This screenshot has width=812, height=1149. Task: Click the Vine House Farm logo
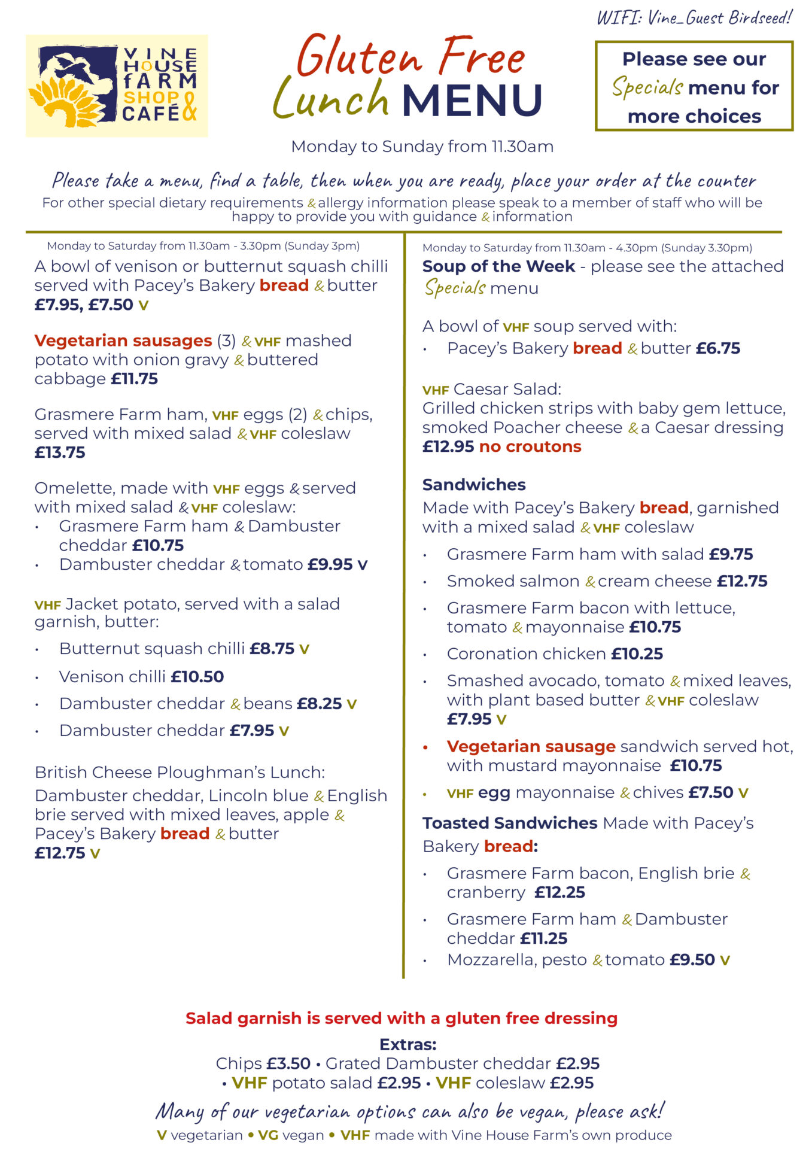pos(117,86)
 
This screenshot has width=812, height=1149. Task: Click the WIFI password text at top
pos(694,17)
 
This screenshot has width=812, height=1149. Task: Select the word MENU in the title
pos(472,101)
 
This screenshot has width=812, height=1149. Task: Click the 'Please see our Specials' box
pos(694,86)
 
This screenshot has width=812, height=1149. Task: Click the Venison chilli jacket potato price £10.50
pos(197,677)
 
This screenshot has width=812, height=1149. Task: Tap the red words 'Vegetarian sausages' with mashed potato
pos(123,341)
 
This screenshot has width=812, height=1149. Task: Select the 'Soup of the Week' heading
pos(498,266)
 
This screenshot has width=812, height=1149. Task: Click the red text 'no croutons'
pos(530,446)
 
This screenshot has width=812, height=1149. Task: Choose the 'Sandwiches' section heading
pos(474,485)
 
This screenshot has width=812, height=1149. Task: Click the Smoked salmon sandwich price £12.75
pos(742,581)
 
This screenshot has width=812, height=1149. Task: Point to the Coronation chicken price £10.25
pos(637,654)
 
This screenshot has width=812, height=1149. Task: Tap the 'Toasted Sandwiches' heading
pos(510,823)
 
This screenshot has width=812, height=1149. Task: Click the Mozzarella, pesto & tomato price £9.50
pos(692,960)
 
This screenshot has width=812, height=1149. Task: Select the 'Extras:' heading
pos(408,1045)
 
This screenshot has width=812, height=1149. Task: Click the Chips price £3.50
pos(288,1064)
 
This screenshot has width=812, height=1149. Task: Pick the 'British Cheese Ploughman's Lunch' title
pos(180,773)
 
